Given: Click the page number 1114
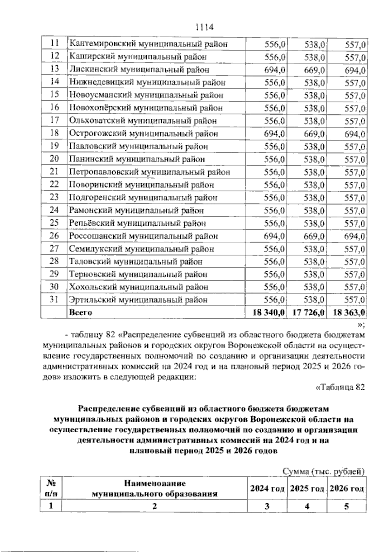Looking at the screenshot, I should click(x=204, y=27).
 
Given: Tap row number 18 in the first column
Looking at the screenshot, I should click(x=54, y=133).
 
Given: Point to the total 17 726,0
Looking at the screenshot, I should click(x=308, y=312).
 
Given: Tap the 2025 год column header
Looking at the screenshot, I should click(x=307, y=489).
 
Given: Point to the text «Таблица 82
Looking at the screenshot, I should click(x=339, y=387).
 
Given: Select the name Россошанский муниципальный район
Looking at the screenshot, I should click(x=143, y=236).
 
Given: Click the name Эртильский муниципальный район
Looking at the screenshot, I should click(x=139, y=300).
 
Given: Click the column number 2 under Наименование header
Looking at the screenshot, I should click(x=154, y=506).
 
